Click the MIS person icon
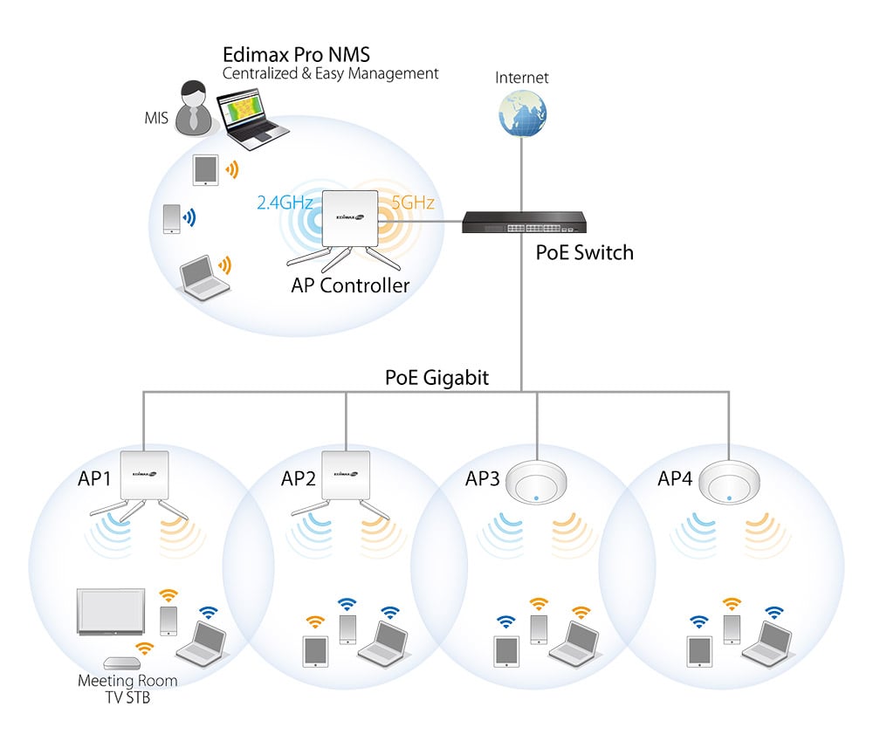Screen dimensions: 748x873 coord(193,108)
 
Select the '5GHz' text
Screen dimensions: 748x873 coord(413,203)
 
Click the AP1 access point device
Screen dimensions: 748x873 coord(145,476)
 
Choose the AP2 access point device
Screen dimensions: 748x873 coord(347,476)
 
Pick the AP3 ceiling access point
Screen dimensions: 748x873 coord(533,480)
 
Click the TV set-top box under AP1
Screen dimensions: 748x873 coord(120,664)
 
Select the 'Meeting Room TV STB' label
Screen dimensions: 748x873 coord(127,689)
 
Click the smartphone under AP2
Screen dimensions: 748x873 coord(347,628)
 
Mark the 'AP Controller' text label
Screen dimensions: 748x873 coord(350,285)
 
